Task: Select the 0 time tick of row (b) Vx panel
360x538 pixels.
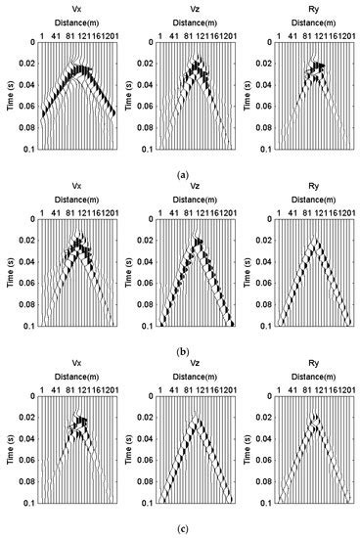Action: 31,219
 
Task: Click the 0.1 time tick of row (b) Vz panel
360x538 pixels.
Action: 146,326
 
